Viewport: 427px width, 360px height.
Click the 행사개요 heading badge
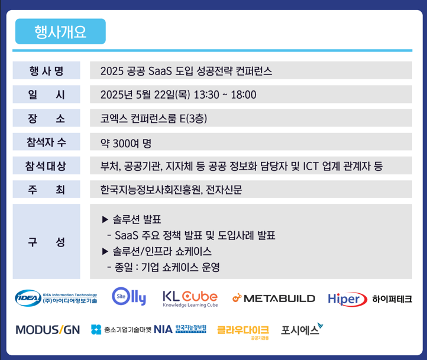[x=60, y=31]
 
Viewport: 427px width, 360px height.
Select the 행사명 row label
[x=46, y=71]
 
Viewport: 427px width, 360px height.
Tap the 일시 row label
[x=46, y=95]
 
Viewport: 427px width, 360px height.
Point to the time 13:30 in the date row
[x=206, y=95]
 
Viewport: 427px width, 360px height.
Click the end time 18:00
[x=244, y=95]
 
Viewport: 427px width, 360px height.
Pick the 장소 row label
[x=46, y=118]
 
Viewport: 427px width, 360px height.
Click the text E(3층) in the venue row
[x=193, y=118]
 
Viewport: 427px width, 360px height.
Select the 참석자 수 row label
[x=46, y=142]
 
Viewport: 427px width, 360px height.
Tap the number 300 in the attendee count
[x=121, y=144]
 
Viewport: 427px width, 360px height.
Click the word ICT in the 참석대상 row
[x=310, y=166]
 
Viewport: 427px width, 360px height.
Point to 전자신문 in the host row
[x=224, y=190]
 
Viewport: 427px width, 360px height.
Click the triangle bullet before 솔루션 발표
[x=105, y=219]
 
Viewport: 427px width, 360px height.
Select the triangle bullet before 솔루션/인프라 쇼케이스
[x=105, y=251]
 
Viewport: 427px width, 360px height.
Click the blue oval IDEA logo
[x=28, y=298]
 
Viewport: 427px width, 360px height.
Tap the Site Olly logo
[x=129, y=296]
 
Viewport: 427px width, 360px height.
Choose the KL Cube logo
[x=190, y=299]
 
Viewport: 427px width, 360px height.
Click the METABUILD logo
[x=274, y=299]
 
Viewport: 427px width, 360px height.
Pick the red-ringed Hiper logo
[x=347, y=299]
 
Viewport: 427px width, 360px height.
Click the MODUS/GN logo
[x=48, y=330]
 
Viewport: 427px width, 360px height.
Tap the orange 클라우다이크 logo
[x=243, y=332]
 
